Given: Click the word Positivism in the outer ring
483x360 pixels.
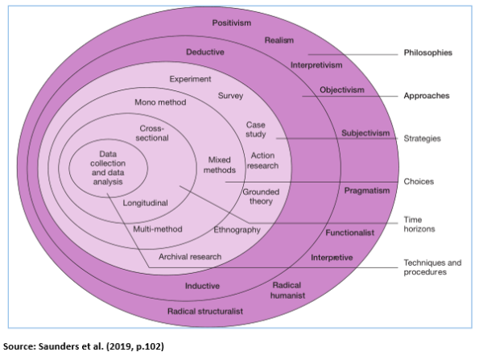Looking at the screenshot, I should tap(233, 23).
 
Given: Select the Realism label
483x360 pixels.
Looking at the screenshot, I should tap(279, 39).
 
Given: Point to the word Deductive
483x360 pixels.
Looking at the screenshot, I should tap(204, 52).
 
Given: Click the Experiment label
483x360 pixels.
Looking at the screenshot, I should tap(190, 79).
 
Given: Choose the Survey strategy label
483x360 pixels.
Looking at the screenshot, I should tap(230, 95).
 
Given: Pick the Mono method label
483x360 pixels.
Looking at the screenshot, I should tap(159, 103).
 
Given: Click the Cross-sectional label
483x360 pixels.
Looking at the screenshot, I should tap(154, 133).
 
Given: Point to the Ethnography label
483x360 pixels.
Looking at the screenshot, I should tap(237, 230).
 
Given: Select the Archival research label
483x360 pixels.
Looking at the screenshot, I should tap(190, 257).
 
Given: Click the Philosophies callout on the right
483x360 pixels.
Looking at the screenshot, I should tap(427, 53).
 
